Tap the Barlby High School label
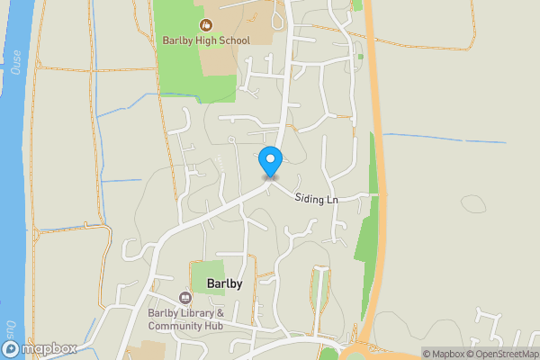click(x=205, y=40)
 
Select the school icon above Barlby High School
click(x=205, y=25)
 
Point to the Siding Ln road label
click(x=316, y=199)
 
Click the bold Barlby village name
click(x=224, y=283)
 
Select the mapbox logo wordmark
click(x=49, y=348)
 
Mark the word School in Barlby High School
click(x=229, y=40)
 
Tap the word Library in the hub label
click(x=196, y=313)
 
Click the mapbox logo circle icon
click(x=10, y=348)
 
